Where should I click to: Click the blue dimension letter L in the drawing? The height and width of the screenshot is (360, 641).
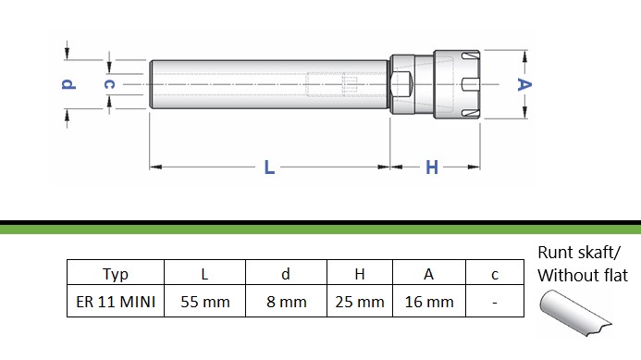(x=269, y=168)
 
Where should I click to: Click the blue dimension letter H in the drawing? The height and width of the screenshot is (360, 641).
(x=432, y=168)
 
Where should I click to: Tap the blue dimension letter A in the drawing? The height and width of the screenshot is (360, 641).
(x=524, y=85)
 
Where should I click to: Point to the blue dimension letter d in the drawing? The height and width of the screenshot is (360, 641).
(x=68, y=84)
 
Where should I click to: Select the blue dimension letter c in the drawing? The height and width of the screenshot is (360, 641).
(x=109, y=84)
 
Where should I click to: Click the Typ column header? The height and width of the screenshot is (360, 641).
(x=116, y=274)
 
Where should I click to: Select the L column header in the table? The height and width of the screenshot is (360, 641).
(x=204, y=274)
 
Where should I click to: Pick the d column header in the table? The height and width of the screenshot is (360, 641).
(x=286, y=274)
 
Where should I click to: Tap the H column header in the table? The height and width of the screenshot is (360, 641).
(x=360, y=274)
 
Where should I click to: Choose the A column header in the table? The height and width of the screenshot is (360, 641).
(x=429, y=274)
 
